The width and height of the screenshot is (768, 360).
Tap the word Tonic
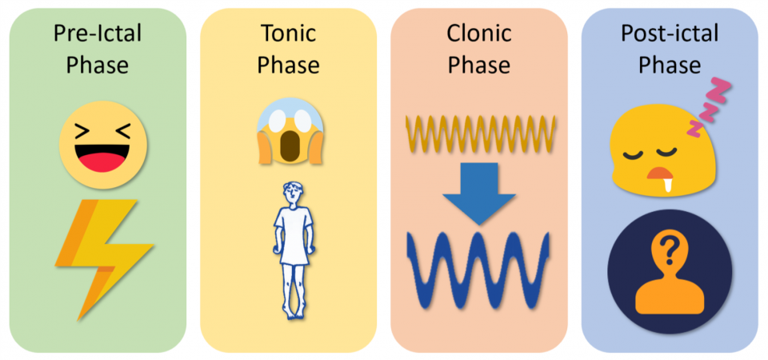[288, 34]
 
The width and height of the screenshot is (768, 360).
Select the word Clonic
[478, 34]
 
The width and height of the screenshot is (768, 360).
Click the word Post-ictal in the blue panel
[669, 34]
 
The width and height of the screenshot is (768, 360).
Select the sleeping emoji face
[656, 156]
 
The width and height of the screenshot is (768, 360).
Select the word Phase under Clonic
[478, 64]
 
